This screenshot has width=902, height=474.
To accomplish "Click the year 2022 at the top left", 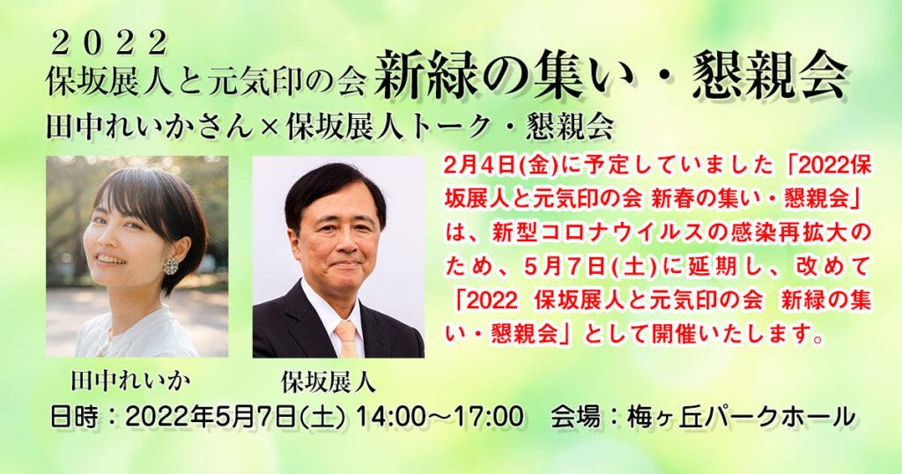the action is click(109, 44).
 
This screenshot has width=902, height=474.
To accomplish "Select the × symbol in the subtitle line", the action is click(270, 128).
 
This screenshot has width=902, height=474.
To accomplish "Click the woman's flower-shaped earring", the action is click(171, 266).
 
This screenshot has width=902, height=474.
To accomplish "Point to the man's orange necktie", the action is click(347, 339).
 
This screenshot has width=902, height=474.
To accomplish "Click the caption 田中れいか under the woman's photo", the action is click(130, 381).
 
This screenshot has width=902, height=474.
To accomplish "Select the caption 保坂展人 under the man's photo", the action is click(329, 382).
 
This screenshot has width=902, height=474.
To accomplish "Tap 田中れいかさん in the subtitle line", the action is click(150, 128).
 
